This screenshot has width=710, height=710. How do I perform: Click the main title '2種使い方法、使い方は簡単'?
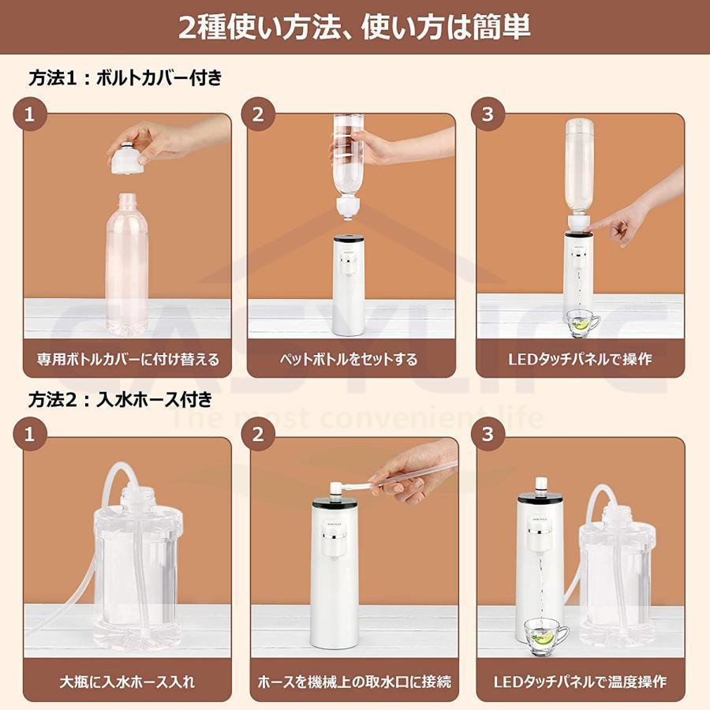(354, 28)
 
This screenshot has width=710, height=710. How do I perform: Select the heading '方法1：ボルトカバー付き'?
(125, 78)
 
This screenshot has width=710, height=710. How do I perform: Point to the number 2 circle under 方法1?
(258, 114)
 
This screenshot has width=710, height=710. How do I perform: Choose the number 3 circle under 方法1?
(487, 114)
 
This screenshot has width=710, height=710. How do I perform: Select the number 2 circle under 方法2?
(258, 434)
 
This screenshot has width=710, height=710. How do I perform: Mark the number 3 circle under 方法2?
(487, 434)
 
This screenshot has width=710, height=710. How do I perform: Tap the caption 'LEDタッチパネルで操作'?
(580, 359)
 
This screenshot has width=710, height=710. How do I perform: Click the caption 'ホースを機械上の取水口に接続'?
(353, 680)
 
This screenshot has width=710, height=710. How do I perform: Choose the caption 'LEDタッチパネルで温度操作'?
(580, 680)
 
